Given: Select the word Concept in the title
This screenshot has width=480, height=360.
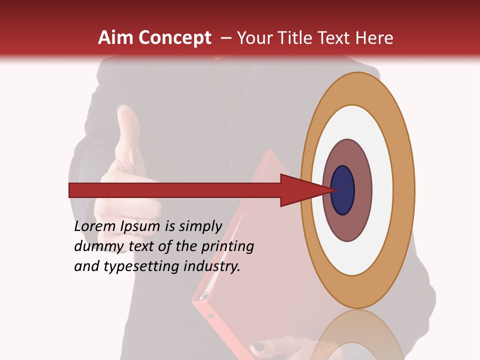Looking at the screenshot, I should coord(174,38).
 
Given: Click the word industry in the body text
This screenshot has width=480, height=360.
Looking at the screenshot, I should coord(212,266).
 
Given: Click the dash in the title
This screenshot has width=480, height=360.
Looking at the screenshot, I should coord(226,38).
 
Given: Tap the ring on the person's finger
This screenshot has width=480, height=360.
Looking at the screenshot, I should coord(135,232).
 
